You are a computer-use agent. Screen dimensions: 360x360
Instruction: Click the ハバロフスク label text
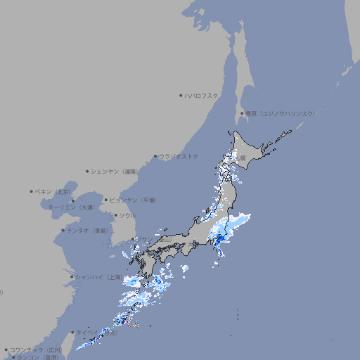(x=202, y=95)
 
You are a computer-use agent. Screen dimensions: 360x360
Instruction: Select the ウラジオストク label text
(x=179, y=156)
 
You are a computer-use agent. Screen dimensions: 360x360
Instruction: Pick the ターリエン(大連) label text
(x=71, y=207)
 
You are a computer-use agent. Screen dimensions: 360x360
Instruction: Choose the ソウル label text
(x=127, y=215)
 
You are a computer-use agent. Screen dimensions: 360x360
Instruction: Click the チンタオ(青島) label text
(x=87, y=230)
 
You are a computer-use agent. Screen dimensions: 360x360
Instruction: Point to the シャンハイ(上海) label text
(x=97, y=277)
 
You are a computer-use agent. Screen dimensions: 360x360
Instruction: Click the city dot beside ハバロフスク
(x=181, y=95)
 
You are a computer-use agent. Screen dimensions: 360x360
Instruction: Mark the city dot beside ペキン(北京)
(x=32, y=191)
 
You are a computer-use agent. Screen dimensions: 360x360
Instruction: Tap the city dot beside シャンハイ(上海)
(x=72, y=277)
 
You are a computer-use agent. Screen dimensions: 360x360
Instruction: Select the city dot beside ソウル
(x=115, y=215)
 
